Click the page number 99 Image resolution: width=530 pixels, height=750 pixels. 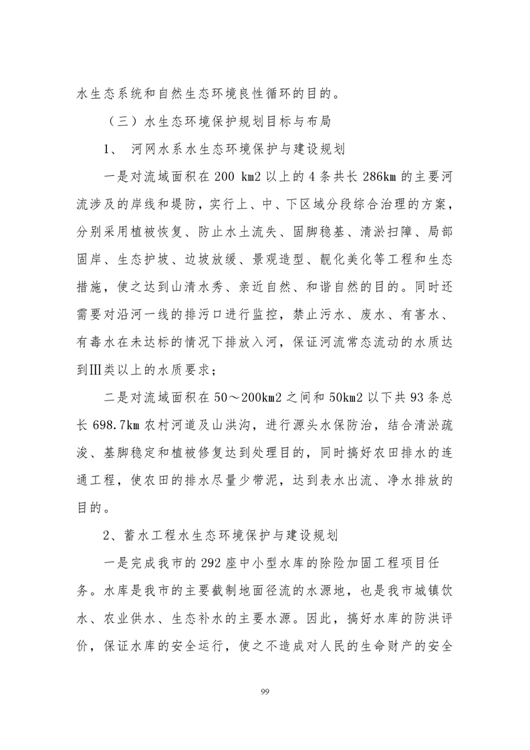265,690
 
